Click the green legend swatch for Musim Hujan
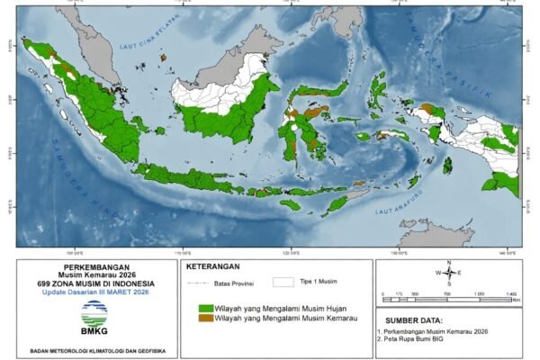(206, 308)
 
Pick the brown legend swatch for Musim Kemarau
(206, 318)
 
